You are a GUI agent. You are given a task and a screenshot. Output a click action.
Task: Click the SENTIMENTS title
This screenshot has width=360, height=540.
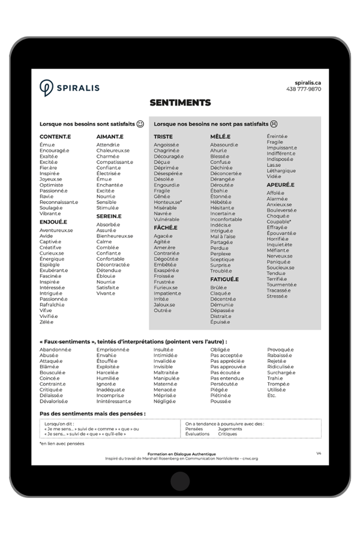[180, 103]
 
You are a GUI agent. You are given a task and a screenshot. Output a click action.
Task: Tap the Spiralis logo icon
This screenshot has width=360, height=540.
[46, 88]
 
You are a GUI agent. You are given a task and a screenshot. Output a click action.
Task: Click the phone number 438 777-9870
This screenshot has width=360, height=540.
[304, 89]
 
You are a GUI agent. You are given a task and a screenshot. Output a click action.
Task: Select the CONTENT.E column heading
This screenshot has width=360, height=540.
[55, 137]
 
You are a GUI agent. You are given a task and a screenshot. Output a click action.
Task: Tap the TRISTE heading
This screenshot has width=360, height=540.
[163, 137]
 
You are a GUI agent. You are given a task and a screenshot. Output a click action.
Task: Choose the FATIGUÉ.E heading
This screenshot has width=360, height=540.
[224, 279]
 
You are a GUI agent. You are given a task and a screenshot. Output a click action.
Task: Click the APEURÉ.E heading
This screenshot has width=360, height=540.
[280, 185]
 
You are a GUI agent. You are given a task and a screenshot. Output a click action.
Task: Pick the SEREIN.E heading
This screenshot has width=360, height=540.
[109, 216]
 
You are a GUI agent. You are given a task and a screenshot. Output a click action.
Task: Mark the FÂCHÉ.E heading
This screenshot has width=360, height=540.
[166, 228]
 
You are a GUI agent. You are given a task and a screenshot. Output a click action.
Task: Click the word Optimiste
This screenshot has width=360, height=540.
[52, 185]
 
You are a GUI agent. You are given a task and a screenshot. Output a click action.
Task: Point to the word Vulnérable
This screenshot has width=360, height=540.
[166, 220]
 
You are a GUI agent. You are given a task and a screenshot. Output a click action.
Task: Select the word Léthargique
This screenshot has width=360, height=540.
[281, 170]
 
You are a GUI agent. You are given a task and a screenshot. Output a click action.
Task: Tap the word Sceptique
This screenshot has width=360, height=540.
[222, 259]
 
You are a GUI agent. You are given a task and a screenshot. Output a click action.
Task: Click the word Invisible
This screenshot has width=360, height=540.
[163, 367]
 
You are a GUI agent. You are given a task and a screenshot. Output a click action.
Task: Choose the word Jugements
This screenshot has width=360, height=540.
[230, 429]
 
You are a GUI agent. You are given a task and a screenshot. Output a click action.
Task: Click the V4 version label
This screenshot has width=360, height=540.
[319, 454]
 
